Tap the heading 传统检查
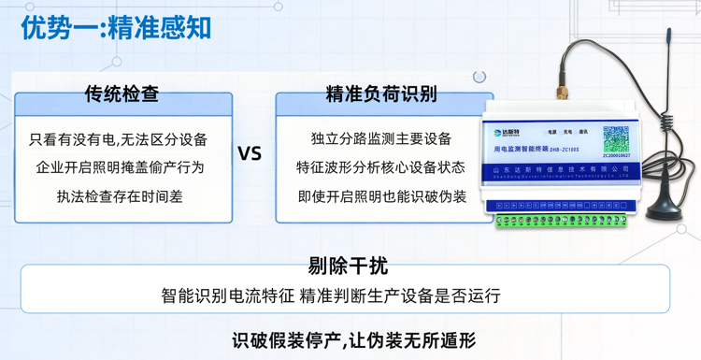[x=122, y=94]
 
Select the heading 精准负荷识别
[x=380, y=94]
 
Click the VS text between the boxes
[x=250, y=153]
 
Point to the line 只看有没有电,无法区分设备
[x=118, y=140]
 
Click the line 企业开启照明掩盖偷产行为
[x=119, y=168]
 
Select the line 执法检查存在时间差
[x=119, y=196]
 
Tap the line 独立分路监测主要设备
[x=380, y=139]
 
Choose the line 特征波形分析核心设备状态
[x=380, y=168]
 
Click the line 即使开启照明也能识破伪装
[x=380, y=196]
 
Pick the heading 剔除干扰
[x=348, y=266]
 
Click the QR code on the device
[x=616, y=141]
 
